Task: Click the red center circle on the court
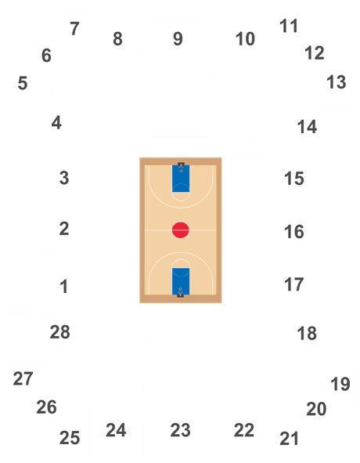coord(180,230)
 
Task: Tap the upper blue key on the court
coord(181,179)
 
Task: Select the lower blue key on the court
coord(181,281)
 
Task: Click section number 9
coord(178,38)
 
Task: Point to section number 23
coord(180,430)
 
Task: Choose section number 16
coord(294,232)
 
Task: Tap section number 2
coord(64,229)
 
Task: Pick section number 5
coord(23,83)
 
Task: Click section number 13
coord(336,82)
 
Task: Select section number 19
coord(340,384)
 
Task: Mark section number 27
coord(23,378)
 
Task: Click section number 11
coord(289,26)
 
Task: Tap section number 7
coord(74,29)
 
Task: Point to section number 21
coord(289,439)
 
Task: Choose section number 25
coord(70,438)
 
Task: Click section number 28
coord(60,332)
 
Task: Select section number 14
coord(307,127)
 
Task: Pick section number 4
coord(56,122)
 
